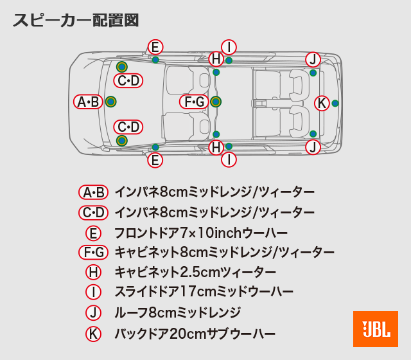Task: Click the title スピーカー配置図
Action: coord(75,20)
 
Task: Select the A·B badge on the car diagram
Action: coord(88,102)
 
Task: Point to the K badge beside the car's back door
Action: coord(322,103)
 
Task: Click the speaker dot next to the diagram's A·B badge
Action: coord(110,102)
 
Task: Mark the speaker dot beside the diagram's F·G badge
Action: coord(216,102)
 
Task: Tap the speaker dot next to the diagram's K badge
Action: coord(335,103)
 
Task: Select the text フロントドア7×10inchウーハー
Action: coord(200,233)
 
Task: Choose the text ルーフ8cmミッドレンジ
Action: coord(177,313)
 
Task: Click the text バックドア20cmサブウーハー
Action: coord(195,334)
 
